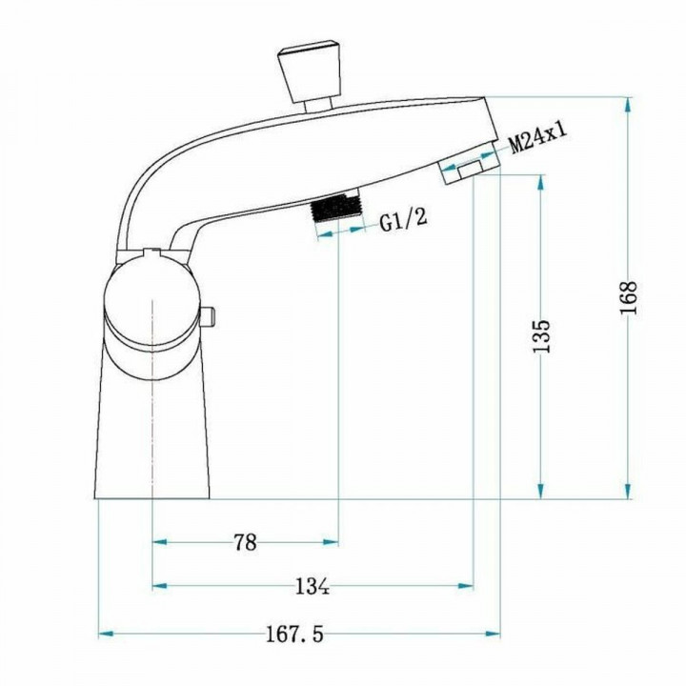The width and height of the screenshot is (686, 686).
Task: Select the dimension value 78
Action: [x=245, y=542]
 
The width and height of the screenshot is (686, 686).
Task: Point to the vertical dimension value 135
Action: [x=540, y=336]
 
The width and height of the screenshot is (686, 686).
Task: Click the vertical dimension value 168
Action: [x=628, y=299]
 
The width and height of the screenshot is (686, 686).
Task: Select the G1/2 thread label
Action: [x=403, y=223]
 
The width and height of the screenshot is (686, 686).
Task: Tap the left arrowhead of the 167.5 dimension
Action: [x=106, y=633]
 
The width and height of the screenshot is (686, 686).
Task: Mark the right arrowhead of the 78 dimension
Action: [x=331, y=542]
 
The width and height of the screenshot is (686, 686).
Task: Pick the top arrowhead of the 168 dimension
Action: [x=628, y=103]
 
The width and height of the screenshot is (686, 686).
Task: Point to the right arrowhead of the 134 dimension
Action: [x=467, y=586]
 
